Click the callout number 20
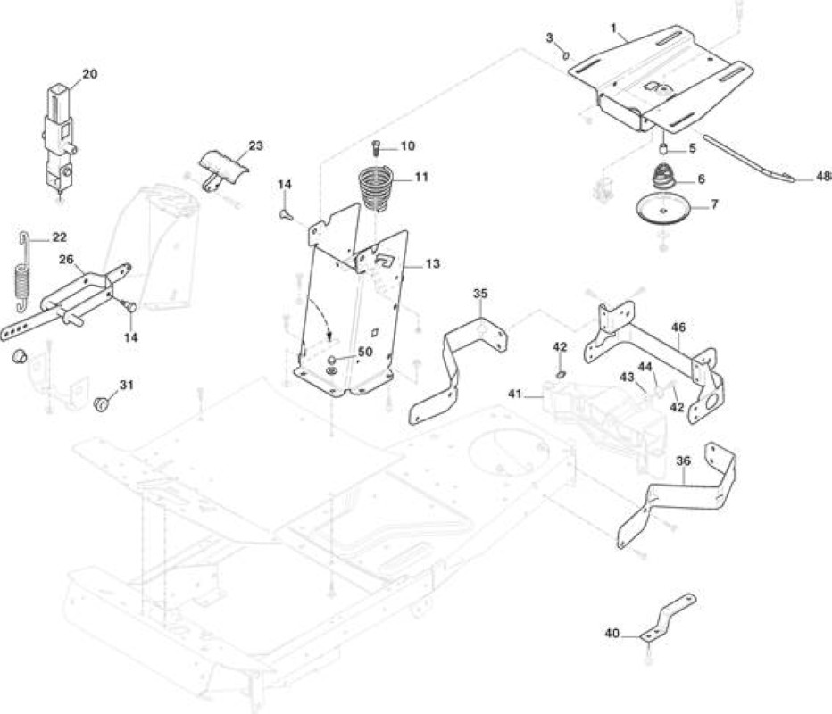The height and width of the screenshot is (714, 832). click(89, 74)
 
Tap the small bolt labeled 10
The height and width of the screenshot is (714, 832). click(376, 146)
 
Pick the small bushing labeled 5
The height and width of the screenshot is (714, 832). click(662, 148)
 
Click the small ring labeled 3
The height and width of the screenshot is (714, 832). click(566, 54)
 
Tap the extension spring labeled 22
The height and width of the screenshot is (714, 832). click(21, 272)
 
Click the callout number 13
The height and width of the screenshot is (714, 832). click(433, 263)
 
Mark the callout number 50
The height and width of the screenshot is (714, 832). click(365, 352)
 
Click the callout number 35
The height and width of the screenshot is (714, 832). click(480, 294)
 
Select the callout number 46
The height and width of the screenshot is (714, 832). click(678, 328)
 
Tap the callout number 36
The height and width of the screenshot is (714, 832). click(684, 461)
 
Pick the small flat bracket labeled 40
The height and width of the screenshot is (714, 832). click(668, 617)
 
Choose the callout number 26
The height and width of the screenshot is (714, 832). click(66, 260)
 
